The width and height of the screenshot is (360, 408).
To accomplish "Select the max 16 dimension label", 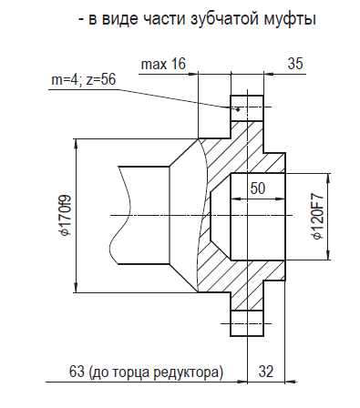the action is pyautogui.click(x=163, y=64).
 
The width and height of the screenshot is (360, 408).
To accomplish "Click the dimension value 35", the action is pyautogui.click(x=295, y=64).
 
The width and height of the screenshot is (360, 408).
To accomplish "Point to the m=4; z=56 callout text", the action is pyautogui.click(x=84, y=80).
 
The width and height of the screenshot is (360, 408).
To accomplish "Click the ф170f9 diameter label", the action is pyautogui.click(x=65, y=215).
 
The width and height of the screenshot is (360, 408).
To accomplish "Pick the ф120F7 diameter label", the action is pyautogui.click(x=319, y=217).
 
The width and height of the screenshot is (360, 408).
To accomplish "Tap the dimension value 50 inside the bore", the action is pyautogui.click(x=258, y=189).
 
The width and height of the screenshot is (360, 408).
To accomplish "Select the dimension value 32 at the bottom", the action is pyautogui.click(x=266, y=372).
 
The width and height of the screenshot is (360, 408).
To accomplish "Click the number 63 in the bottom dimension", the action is pyautogui.click(x=77, y=372).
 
